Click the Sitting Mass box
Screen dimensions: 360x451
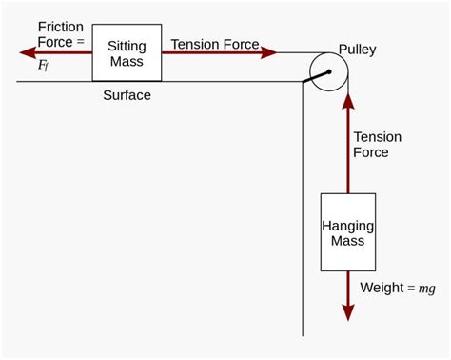pyautogui.click(x=127, y=54)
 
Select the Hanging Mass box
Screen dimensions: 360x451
pyautogui.click(x=347, y=233)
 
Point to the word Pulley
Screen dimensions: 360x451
pyautogui.click(x=358, y=49)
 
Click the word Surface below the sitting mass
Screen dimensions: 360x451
pyautogui.click(x=127, y=95)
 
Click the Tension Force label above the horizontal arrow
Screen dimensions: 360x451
pyautogui.click(x=214, y=44)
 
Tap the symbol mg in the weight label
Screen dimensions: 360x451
pyautogui.click(x=427, y=289)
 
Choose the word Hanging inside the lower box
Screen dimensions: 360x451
pyautogui.click(x=347, y=226)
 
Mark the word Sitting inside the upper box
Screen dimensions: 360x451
pyautogui.click(x=127, y=46)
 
